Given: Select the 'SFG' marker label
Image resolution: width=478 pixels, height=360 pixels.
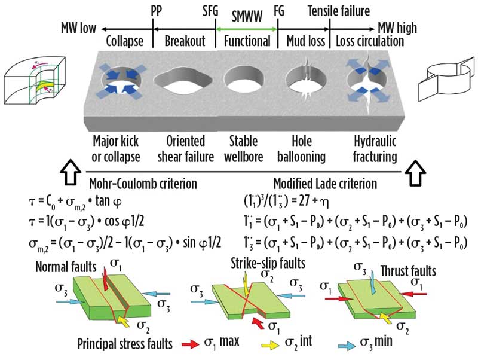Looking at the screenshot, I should pyautogui.click(x=212, y=11).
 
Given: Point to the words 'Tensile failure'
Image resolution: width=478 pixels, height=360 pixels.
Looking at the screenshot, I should pyautogui.click(x=339, y=11).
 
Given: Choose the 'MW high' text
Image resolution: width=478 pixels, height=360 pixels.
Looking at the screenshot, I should pyautogui.click(x=400, y=28).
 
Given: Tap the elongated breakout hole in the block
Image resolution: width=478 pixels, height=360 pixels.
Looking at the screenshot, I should pyautogui.click(x=183, y=78).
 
